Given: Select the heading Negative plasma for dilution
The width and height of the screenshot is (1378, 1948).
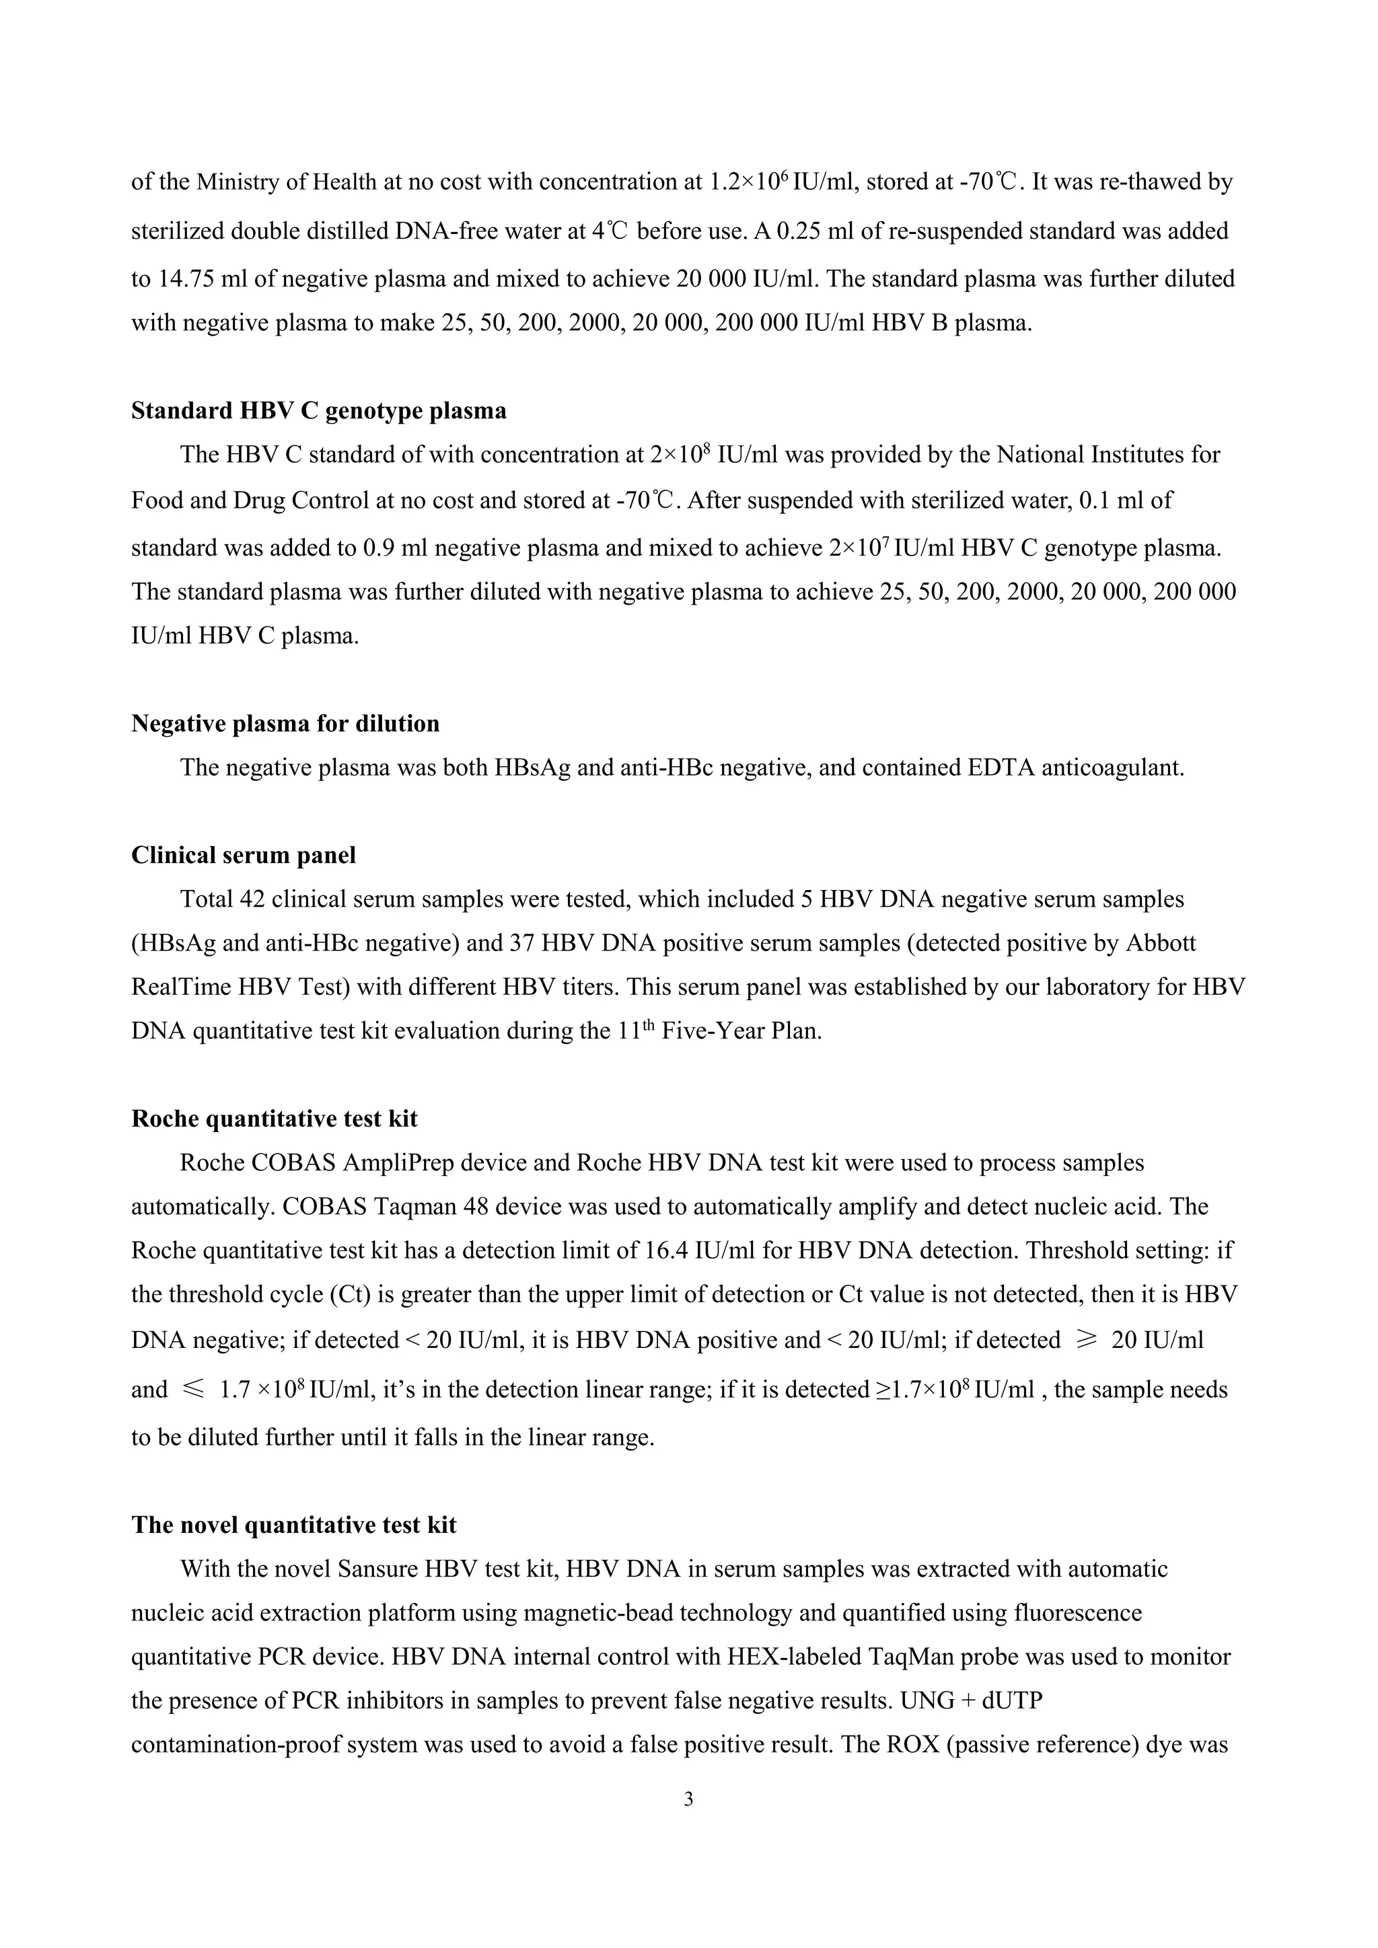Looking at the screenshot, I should tap(285, 724).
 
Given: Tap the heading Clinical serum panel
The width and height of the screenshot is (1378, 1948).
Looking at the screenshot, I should tap(244, 855).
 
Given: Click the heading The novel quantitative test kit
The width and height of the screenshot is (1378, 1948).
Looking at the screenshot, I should tap(293, 1526).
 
